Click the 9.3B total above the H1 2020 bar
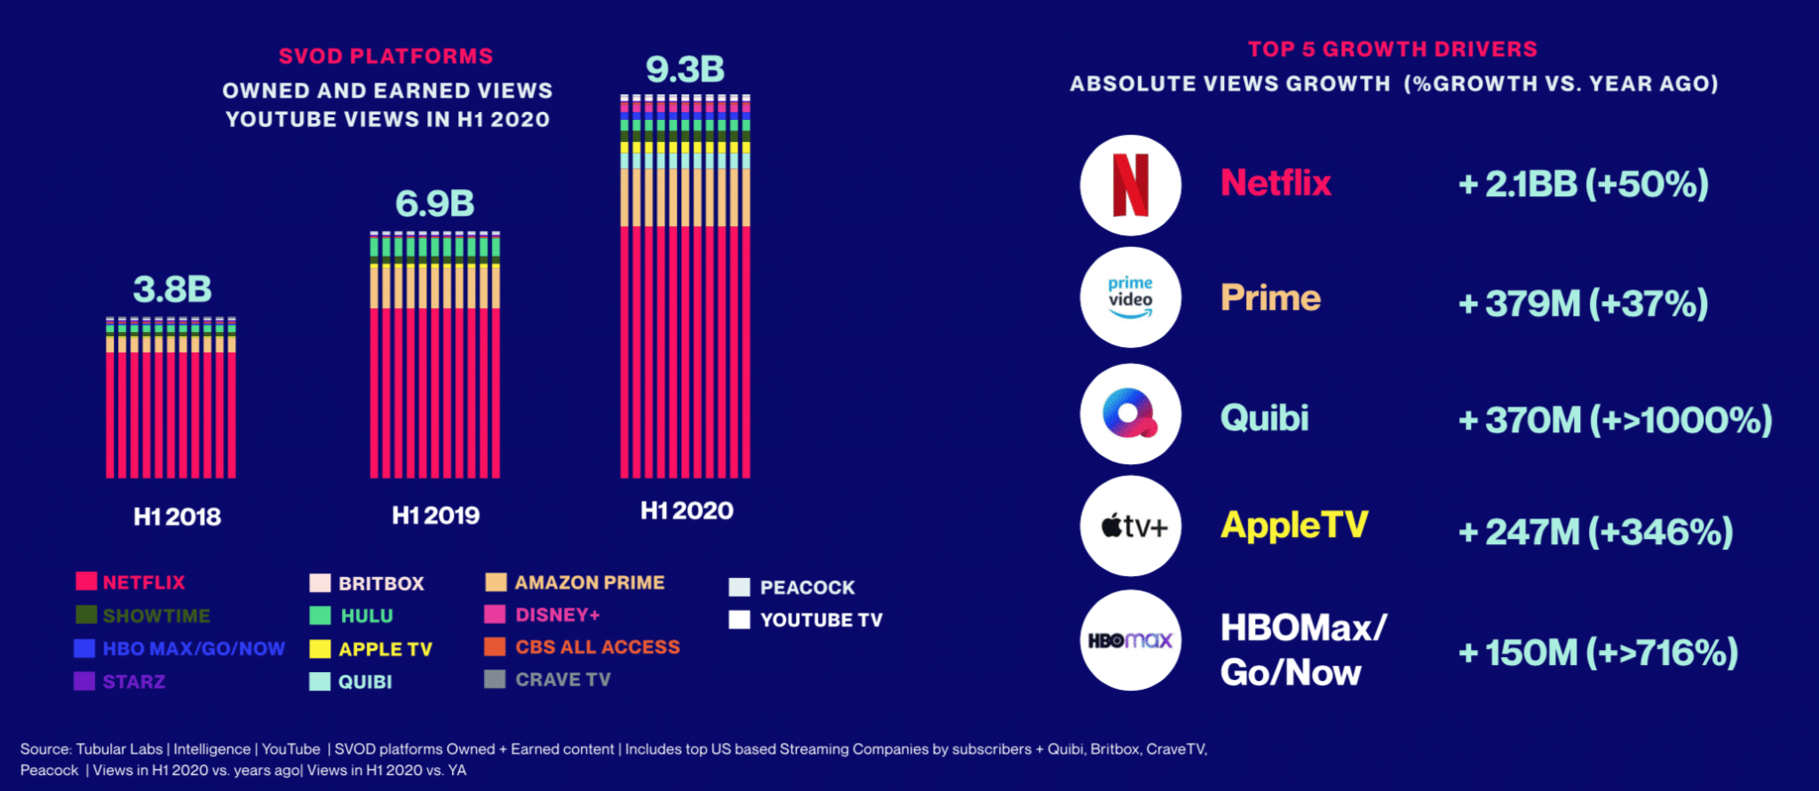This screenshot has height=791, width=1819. pos(685,69)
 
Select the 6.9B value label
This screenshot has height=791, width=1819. pos(434,204)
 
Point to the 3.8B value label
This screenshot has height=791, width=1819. pos(172,289)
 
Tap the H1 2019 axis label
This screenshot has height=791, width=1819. pos(435,516)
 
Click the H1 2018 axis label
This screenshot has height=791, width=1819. pos(177,517)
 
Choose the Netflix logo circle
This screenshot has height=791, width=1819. pos(1130,185)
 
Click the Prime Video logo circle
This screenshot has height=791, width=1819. pos(1130,297)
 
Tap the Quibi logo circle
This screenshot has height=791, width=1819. pos(1130,414)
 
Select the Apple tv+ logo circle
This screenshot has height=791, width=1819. pos(1130,526)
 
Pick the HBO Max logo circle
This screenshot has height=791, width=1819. pos(1130,640)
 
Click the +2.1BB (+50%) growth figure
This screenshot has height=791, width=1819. pos(1583,185)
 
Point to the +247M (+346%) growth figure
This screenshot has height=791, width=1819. pos(1595,533)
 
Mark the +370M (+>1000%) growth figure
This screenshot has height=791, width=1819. pos(1615,420)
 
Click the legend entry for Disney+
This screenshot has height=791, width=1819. pos(557,614)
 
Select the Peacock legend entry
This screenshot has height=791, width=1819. pos(806,588)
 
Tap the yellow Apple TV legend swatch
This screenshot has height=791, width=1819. pos(320,649)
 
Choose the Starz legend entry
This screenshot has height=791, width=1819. pos(133,682)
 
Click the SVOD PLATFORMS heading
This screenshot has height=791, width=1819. pos(385,56)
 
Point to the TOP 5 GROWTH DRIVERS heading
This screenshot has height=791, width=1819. pos(1392,49)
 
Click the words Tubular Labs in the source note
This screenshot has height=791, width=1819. pos(119,749)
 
